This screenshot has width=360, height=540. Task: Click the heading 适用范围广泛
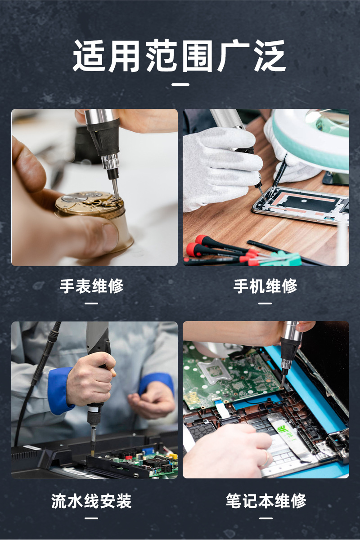click(180, 56)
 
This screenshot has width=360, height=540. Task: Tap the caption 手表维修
click(91, 286)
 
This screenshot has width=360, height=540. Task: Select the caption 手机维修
click(265, 286)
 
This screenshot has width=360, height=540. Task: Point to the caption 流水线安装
click(91, 501)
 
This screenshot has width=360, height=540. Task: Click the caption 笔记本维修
click(265, 501)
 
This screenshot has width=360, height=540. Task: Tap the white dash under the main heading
click(180, 84)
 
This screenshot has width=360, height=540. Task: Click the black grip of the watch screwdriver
click(103, 135)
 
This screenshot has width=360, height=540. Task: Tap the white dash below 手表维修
click(91, 303)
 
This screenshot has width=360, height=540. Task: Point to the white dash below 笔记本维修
click(265, 518)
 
